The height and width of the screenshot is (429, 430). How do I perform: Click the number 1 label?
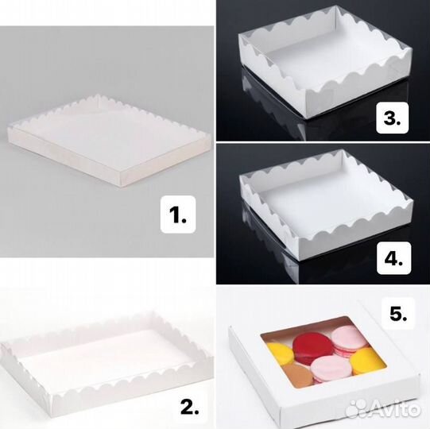[178, 214]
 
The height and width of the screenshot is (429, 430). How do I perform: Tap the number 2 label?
[190, 407]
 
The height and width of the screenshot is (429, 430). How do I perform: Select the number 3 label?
[392, 118]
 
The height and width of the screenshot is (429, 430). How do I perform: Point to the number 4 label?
[393, 258]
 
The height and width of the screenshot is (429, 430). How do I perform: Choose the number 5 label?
[398, 313]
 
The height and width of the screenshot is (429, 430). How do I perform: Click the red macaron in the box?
[308, 349]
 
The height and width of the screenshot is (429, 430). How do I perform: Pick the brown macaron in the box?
[298, 375]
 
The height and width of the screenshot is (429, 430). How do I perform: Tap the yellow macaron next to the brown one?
[280, 353]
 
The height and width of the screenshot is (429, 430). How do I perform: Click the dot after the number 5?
[405, 319]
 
